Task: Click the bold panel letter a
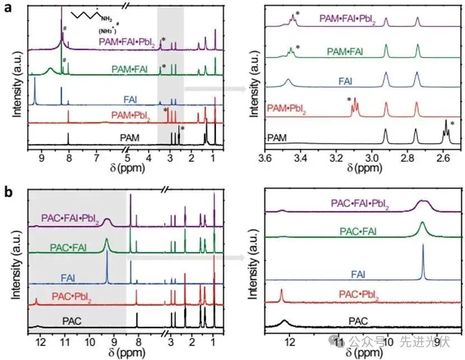click(10, 9)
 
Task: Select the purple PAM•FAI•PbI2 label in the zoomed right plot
click(347, 18)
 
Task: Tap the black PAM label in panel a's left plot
click(129, 136)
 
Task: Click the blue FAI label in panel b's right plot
click(358, 274)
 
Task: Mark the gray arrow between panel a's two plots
click(216, 88)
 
